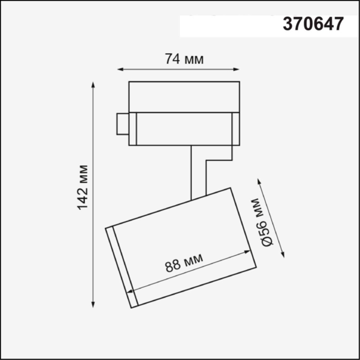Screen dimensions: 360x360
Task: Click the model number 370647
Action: (x=313, y=24)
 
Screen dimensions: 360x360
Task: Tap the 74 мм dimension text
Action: (x=184, y=59)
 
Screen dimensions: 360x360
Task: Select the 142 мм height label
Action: (x=83, y=187)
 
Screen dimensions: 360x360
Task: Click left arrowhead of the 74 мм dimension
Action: (x=120, y=69)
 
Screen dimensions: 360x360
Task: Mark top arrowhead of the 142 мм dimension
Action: (x=94, y=85)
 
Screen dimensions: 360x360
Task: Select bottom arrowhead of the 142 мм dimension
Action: (x=94, y=304)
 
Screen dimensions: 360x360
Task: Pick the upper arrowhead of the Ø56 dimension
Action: (x=259, y=181)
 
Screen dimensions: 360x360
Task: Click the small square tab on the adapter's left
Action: (x=122, y=123)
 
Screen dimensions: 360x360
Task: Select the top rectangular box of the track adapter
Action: (x=184, y=96)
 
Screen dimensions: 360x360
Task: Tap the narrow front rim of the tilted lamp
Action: (x=122, y=267)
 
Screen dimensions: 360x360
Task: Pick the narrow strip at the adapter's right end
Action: (x=235, y=128)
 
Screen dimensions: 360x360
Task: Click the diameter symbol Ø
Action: (x=267, y=241)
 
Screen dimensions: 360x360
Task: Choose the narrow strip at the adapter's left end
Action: (x=132, y=128)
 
